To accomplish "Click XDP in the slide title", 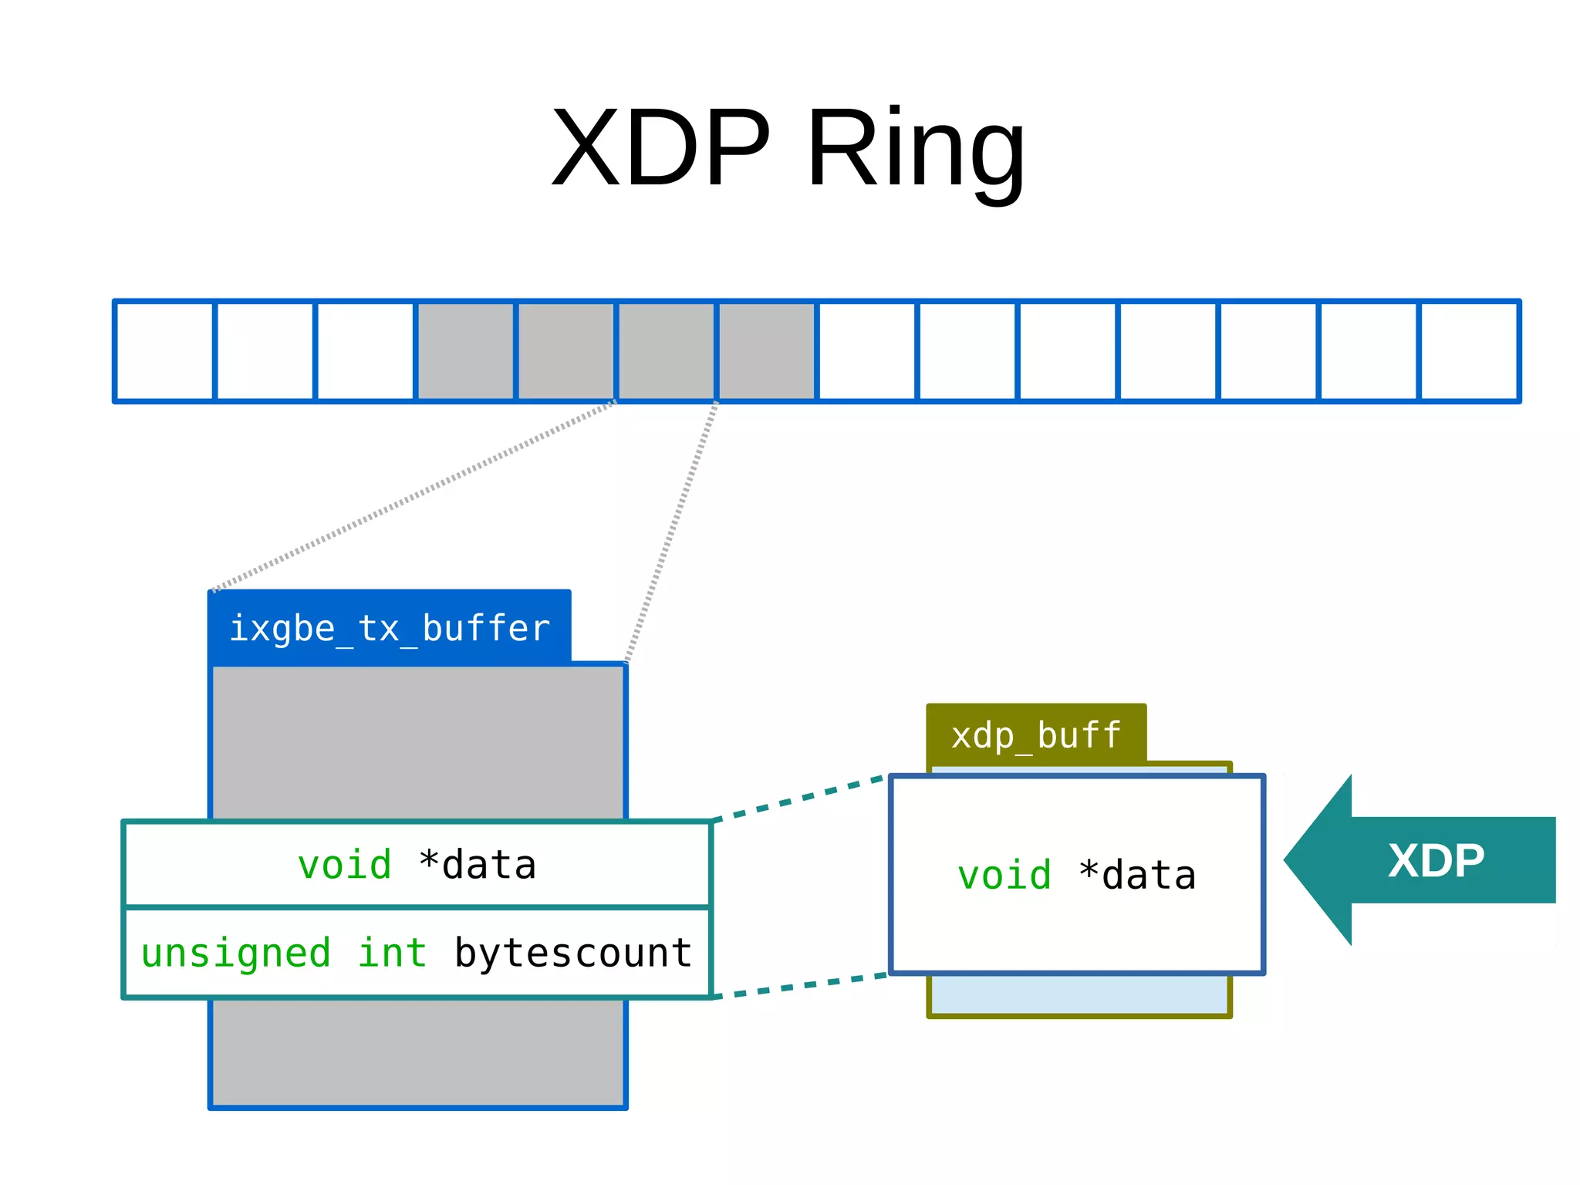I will pos(661,148).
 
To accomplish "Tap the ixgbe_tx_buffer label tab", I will pos(390,627).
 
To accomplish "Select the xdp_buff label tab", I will pos(1036,734).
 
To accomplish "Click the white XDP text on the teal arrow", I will pos(1436,861).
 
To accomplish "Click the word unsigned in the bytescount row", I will pos(235,953).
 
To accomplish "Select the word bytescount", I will pos(573,953).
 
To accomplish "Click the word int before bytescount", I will pos(392,953).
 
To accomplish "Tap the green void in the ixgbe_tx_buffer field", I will pos(345,865).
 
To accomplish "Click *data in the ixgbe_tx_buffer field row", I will pos(478,865).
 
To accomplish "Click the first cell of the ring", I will pos(164,352).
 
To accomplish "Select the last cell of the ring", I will pos(1469,352).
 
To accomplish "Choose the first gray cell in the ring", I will pos(465,352).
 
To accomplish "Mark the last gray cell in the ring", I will pos(766,352).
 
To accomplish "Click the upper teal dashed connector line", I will pos(798,799).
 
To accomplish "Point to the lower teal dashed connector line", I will pos(798,987).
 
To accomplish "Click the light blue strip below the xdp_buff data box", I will pos(1079,995).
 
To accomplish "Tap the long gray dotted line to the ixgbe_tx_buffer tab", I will pos(414,496).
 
